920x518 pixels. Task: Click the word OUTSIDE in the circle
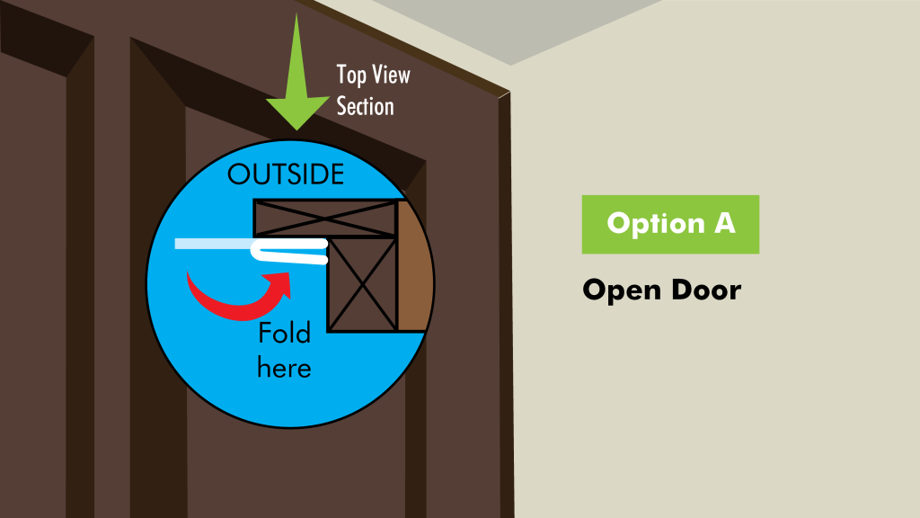(286, 174)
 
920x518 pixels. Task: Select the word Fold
(285, 333)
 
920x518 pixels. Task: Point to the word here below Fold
(284, 368)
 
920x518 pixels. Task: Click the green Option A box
(670, 224)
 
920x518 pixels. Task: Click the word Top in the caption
(351, 76)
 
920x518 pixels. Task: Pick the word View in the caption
(392, 75)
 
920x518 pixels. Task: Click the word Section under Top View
(365, 106)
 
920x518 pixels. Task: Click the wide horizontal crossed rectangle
(324, 219)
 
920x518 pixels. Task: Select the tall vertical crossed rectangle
(362, 284)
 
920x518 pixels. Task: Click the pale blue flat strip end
(213, 244)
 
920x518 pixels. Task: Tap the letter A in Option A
(725, 223)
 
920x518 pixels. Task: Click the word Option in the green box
(655, 224)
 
